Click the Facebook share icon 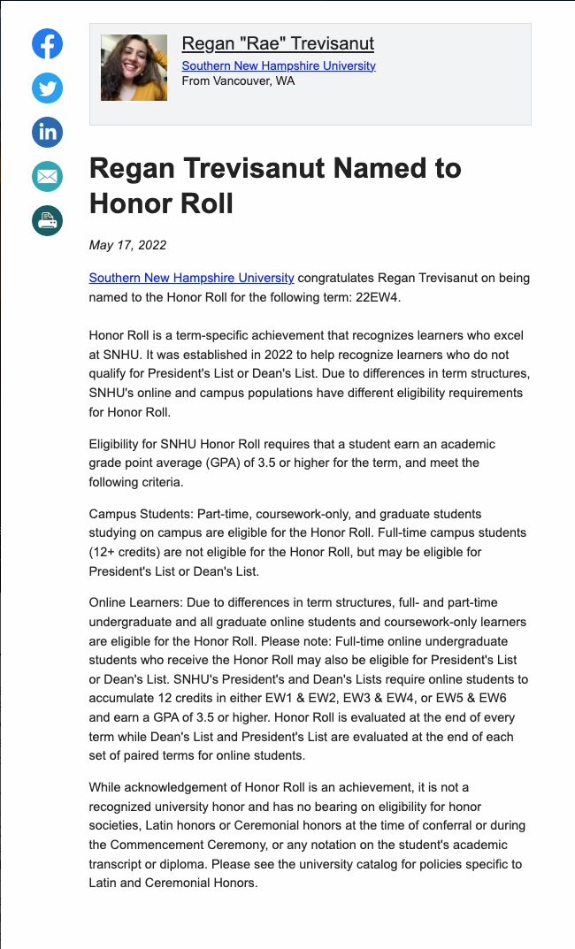(47, 44)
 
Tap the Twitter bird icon (47, 88)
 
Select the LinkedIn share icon (47, 133)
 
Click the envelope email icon (47, 177)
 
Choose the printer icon (47, 220)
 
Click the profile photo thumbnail (134, 67)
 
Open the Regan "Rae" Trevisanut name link (278, 43)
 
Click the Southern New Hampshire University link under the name (278, 65)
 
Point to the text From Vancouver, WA (238, 80)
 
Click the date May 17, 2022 (127, 245)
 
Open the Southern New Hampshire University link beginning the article (191, 278)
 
